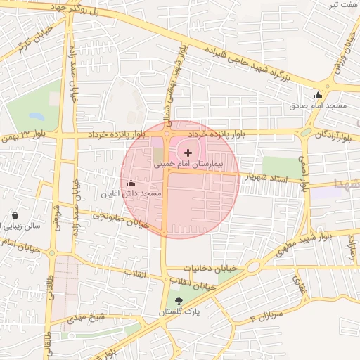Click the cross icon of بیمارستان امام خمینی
188,153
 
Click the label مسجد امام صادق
319,105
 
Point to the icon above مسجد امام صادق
318,96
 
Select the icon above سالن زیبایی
15,216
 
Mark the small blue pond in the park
35,115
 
